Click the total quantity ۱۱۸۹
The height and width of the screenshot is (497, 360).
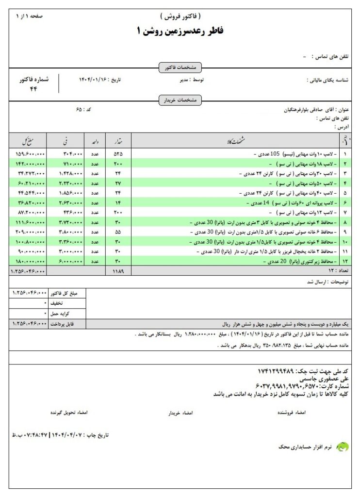pos(118,271)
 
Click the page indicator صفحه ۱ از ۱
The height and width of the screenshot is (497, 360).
pos(29,17)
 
